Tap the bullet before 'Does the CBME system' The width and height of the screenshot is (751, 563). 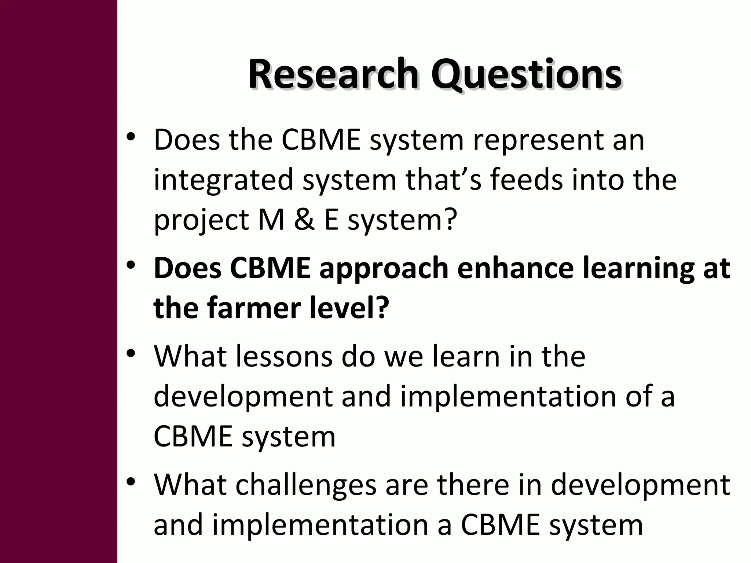131,137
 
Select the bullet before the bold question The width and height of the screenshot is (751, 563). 131,265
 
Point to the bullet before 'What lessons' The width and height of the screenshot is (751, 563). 131,354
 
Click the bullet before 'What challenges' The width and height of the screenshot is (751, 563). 131,481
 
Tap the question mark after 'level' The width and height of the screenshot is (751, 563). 382,308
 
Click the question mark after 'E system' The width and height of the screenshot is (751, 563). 450,220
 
